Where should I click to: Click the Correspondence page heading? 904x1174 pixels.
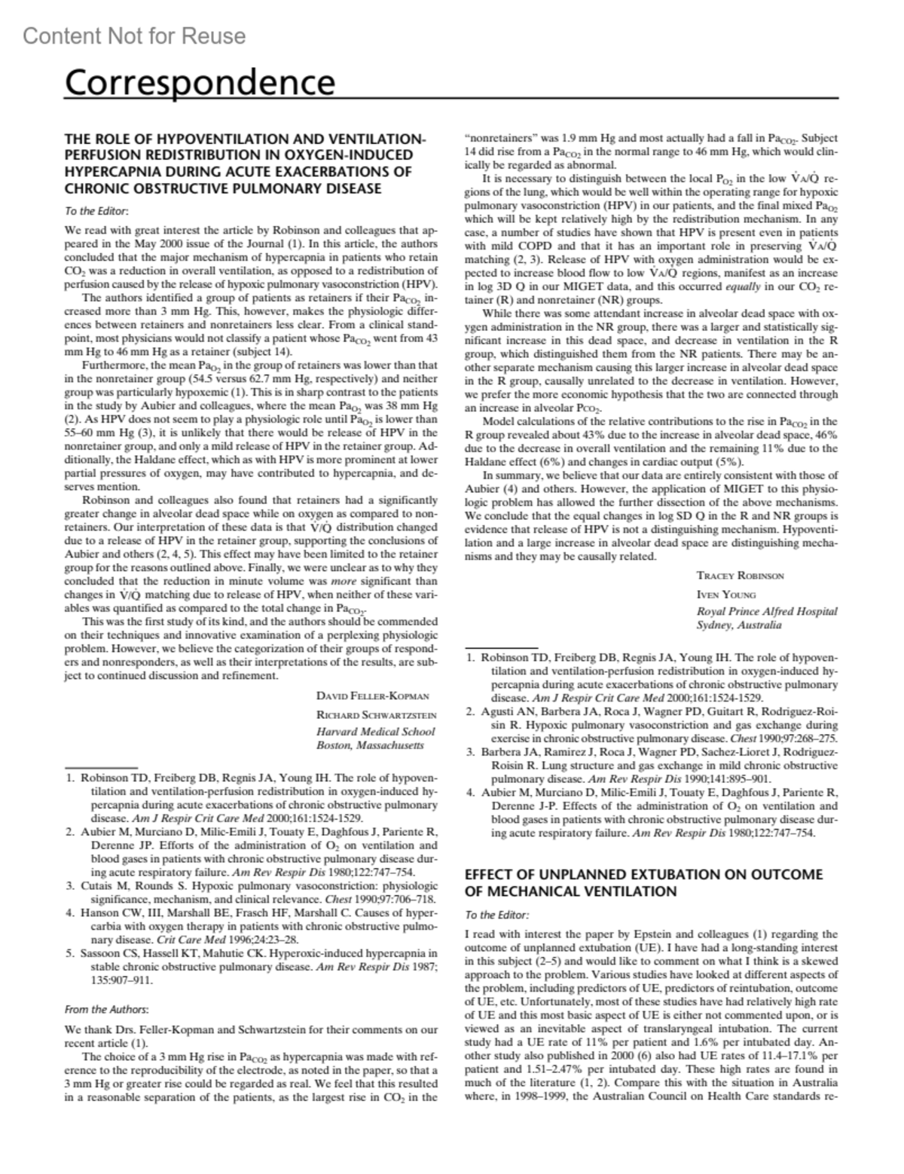tap(200, 82)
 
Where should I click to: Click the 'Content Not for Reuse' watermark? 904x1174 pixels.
tap(134, 36)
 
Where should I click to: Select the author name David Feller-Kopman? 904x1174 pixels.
tap(372, 696)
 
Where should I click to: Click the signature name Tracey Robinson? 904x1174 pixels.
tap(740, 575)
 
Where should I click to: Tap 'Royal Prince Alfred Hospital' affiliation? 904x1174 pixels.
tap(767, 611)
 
